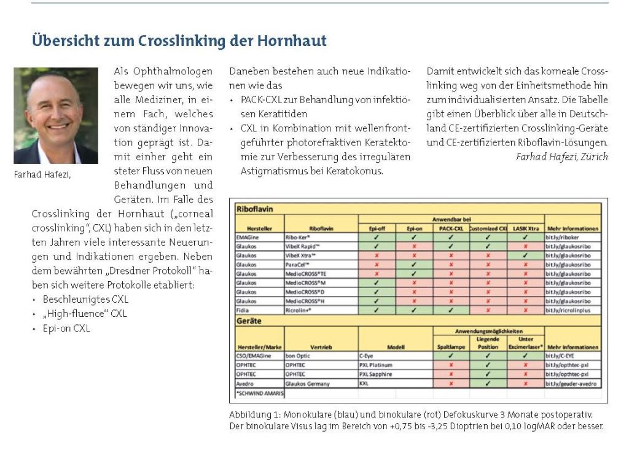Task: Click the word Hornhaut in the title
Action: [x=294, y=41]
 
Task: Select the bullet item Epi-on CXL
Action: [x=66, y=328]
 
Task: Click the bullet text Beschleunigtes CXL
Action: [x=85, y=299]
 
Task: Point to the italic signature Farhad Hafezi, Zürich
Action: [x=562, y=156]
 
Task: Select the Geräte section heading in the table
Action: [x=248, y=321]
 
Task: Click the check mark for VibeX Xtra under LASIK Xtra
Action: [x=524, y=254]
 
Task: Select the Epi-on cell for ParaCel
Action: [x=414, y=264]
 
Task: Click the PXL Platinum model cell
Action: [x=377, y=365]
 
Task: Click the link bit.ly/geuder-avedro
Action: [x=571, y=384]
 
